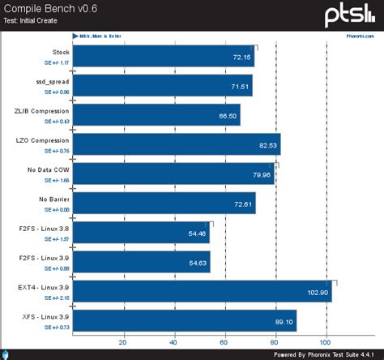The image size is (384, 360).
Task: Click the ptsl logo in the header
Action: pyautogui.click(x=351, y=14)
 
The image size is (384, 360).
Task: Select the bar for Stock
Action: pyautogui.click(x=163, y=59)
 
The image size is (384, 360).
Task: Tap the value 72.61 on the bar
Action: pyautogui.click(x=244, y=204)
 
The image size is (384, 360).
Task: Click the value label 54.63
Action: pyautogui.click(x=198, y=262)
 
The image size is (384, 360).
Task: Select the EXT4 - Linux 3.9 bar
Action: pyautogui.click(x=202, y=291)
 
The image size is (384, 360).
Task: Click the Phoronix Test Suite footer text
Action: pyautogui.click(x=324, y=354)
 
